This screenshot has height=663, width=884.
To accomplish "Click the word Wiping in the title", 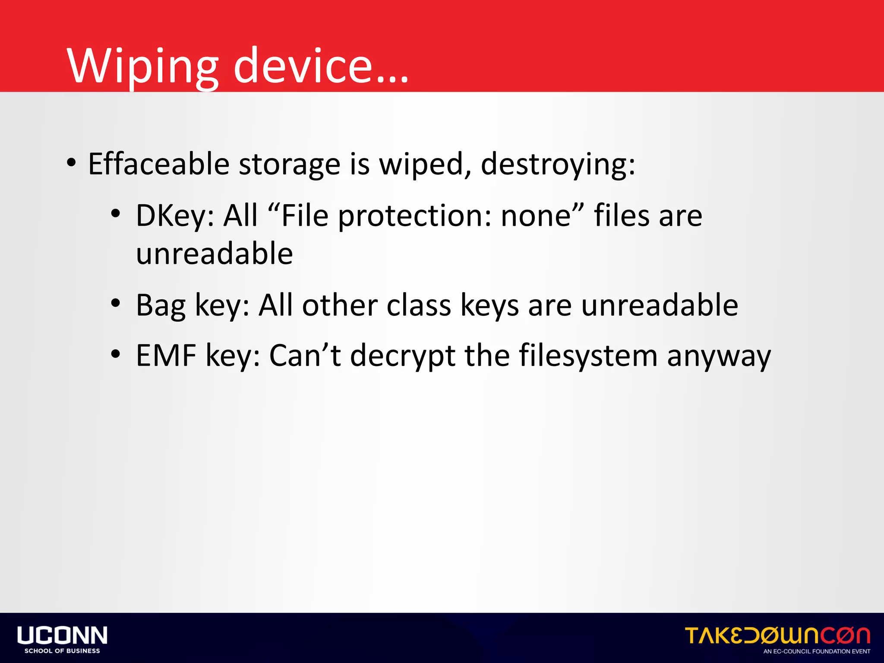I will pyautogui.click(x=142, y=66).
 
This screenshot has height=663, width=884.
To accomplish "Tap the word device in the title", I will pyautogui.click(x=302, y=66).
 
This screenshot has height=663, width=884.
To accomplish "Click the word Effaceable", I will pyautogui.click(x=158, y=164).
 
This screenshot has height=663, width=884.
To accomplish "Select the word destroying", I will pyautogui.click(x=558, y=165).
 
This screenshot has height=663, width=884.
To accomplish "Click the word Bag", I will pyautogui.click(x=160, y=306).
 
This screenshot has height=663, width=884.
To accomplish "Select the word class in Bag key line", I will pyautogui.click(x=419, y=305).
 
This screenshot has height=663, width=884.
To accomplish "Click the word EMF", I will pyautogui.click(x=166, y=356).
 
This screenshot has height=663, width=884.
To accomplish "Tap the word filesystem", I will pyautogui.click(x=588, y=357).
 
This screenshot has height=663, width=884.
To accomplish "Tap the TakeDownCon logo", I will pyautogui.click(x=777, y=635).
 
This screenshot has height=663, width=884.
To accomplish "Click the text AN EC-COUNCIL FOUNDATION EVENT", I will pyautogui.click(x=817, y=651).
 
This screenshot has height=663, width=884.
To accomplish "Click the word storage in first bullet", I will pyautogui.click(x=289, y=165).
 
